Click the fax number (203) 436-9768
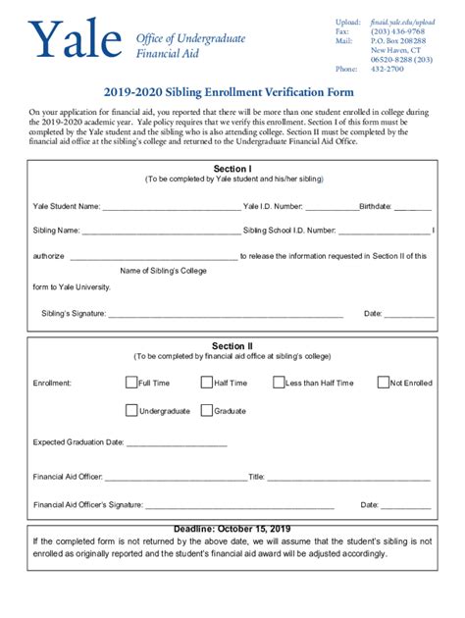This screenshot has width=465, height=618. tap(397, 31)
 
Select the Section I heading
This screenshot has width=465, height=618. tap(232, 169)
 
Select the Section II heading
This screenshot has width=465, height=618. tap(232, 346)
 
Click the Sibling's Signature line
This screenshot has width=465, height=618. tap(225, 316)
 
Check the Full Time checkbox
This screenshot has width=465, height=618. tap(131, 383)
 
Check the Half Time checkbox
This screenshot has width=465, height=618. tap(207, 383)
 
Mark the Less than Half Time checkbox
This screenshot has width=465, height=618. tap(279, 383)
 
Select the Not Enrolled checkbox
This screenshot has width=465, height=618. tap(384, 383)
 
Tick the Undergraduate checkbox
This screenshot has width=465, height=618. tap(131, 410)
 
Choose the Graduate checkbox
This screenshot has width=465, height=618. tap(207, 410)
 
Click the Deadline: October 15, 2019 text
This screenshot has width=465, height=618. tap(232, 529)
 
